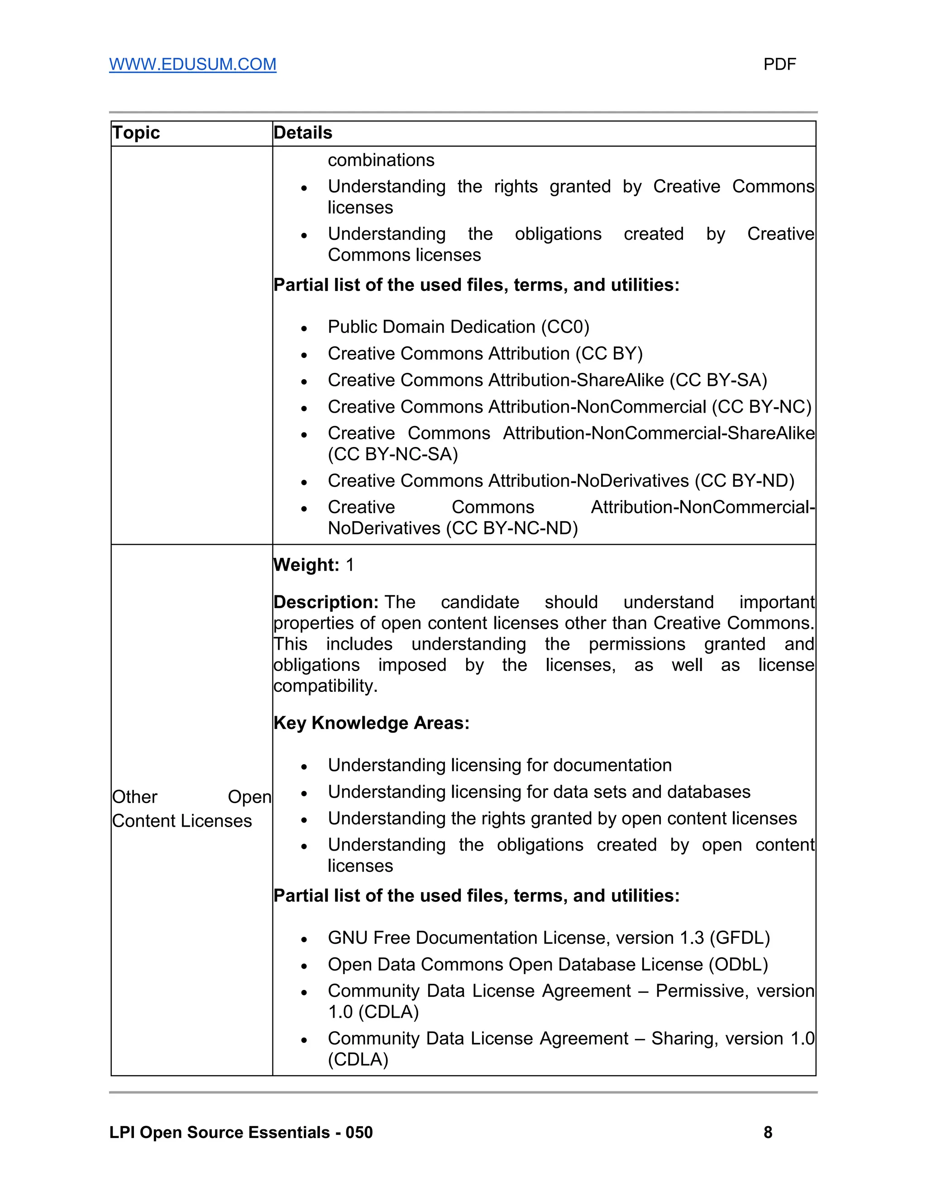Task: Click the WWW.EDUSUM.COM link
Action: [x=192, y=64]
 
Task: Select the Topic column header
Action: [x=136, y=133]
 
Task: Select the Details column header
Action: [x=303, y=133]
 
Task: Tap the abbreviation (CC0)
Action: [x=564, y=327]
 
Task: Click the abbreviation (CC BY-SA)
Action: [x=718, y=380]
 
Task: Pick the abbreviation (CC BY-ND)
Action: [x=744, y=481]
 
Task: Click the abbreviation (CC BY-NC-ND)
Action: [x=512, y=528]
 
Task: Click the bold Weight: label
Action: [x=306, y=565]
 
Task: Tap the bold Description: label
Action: [x=325, y=602]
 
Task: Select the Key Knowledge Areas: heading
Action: [x=371, y=723]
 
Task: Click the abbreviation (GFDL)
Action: [x=740, y=937]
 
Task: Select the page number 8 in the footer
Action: [x=768, y=1132]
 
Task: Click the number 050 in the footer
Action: [x=358, y=1132]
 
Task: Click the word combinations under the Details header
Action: [x=381, y=160]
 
